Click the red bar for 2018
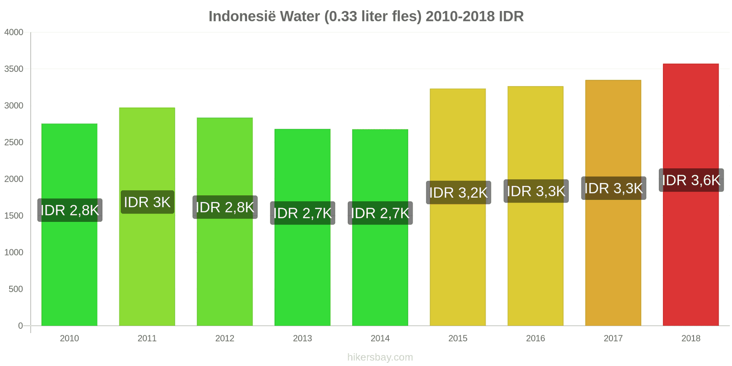pos(691,256)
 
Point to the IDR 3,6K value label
pos(691,180)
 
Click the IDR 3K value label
pos(147,202)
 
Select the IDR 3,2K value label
pos(458,193)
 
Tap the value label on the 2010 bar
pos(70,210)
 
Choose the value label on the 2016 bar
pos(536,191)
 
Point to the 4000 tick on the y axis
pos(14,32)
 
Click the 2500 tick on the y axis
pos(14,142)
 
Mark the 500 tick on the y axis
pos(16,289)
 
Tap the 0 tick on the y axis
pos(20,326)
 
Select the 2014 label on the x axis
pos(380,339)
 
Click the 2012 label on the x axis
pos(225,339)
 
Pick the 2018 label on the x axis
pos(691,339)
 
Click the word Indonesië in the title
pos(242,16)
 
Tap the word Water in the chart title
pos(300,16)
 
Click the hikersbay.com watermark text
pos(380,357)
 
